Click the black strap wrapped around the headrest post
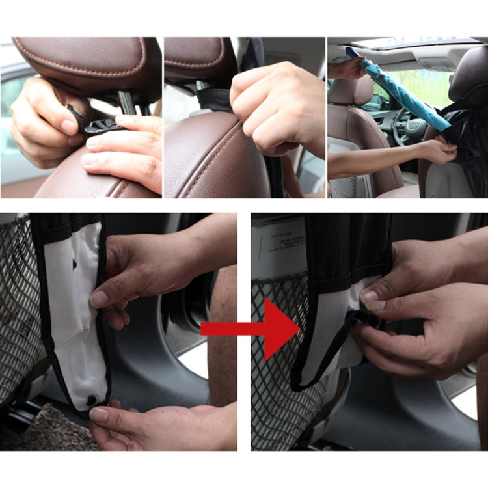click(215, 100)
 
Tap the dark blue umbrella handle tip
click(351, 51)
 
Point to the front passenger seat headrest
click(351, 91)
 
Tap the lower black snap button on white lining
click(92, 399)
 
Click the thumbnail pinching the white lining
click(100, 299)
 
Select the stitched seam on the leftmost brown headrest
click(85, 65)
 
